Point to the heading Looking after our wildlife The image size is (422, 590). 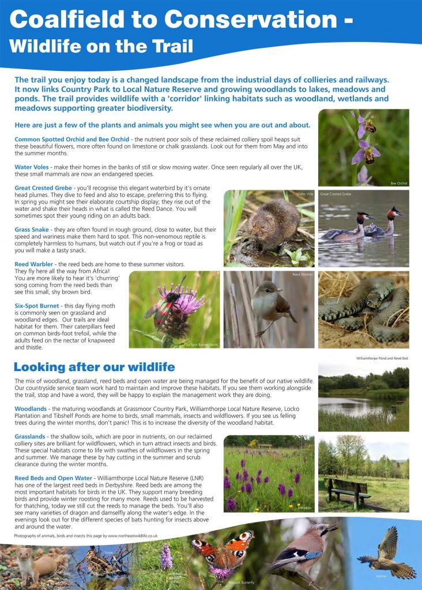(94, 367)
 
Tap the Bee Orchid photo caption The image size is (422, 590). (398, 183)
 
